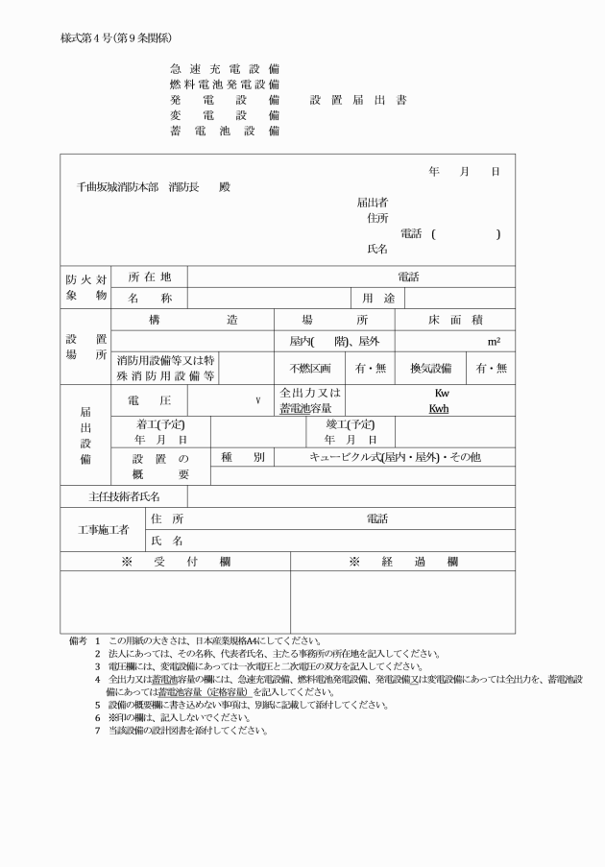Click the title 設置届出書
pyautogui.click(x=357, y=100)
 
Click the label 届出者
pyautogui.click(x=373, y=203)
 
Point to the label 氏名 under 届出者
pyautogui.click(x=376, y=249)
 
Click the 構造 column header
pyautogui.click(x=192, y=320)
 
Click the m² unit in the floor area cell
pyautogui.click(x=493, y=341)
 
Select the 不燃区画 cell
pyautogui.click(x=309, y=368)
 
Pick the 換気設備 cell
pyautogui.click(x=430, y=368)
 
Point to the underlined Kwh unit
pyautogui.click(x=439, y=408)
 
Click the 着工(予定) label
pyautogui.click(x=160, y=424)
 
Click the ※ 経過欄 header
pyautogui.click(x=402, y=562)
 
